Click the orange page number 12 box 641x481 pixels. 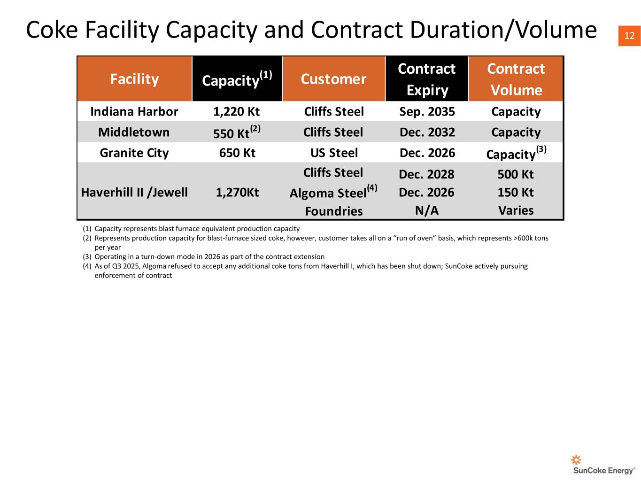coord(629,36)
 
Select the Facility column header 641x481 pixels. coord(134,79)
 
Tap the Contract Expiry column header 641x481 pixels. coord(427,79)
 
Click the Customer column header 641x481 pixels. coord(333,79)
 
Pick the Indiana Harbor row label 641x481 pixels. coord(134,112)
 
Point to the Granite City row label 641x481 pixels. coord(134,153)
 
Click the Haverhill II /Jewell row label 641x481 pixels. coord(134,193)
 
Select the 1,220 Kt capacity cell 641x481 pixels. coord(237,112)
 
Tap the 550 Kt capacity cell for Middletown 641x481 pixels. coord(237,132)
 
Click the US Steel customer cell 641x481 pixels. coord(334,153)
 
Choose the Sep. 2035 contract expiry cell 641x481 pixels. coord(427,112)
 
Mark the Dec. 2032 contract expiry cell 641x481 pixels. coord(427,132)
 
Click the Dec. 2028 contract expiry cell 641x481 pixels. coord(426,174)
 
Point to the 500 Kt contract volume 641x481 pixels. coord(516,174)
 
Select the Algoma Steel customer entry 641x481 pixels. coord(333,192)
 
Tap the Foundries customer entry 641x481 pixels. coord(334,211)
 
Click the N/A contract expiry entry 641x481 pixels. coord(427,210)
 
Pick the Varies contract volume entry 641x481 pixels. coord(516,210)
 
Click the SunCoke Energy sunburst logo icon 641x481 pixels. coord(576,460)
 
